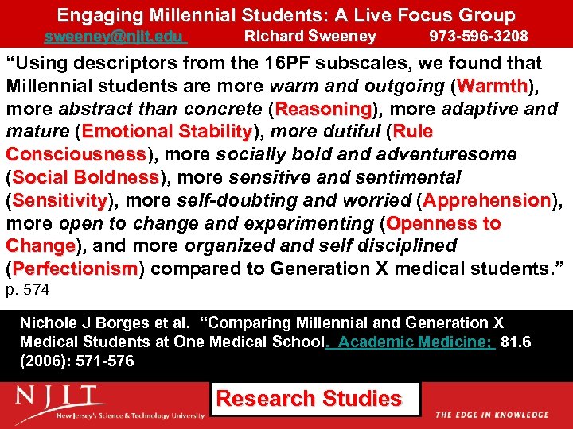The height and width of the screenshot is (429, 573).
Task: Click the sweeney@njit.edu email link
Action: [115, 37]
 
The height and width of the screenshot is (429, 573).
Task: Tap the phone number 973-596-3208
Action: [478, 37]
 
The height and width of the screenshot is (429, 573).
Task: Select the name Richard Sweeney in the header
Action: [310, 37]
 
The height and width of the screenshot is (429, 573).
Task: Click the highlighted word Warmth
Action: [493, 86]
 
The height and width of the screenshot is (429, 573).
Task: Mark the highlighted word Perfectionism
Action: [76, 269]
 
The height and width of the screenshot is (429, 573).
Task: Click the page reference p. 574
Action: [28, 291]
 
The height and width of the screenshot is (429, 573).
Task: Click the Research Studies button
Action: [309, 399]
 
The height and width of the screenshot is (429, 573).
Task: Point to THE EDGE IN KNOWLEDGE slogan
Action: [492, 415]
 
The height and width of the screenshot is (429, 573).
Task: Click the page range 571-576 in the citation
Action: [95, 361]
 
